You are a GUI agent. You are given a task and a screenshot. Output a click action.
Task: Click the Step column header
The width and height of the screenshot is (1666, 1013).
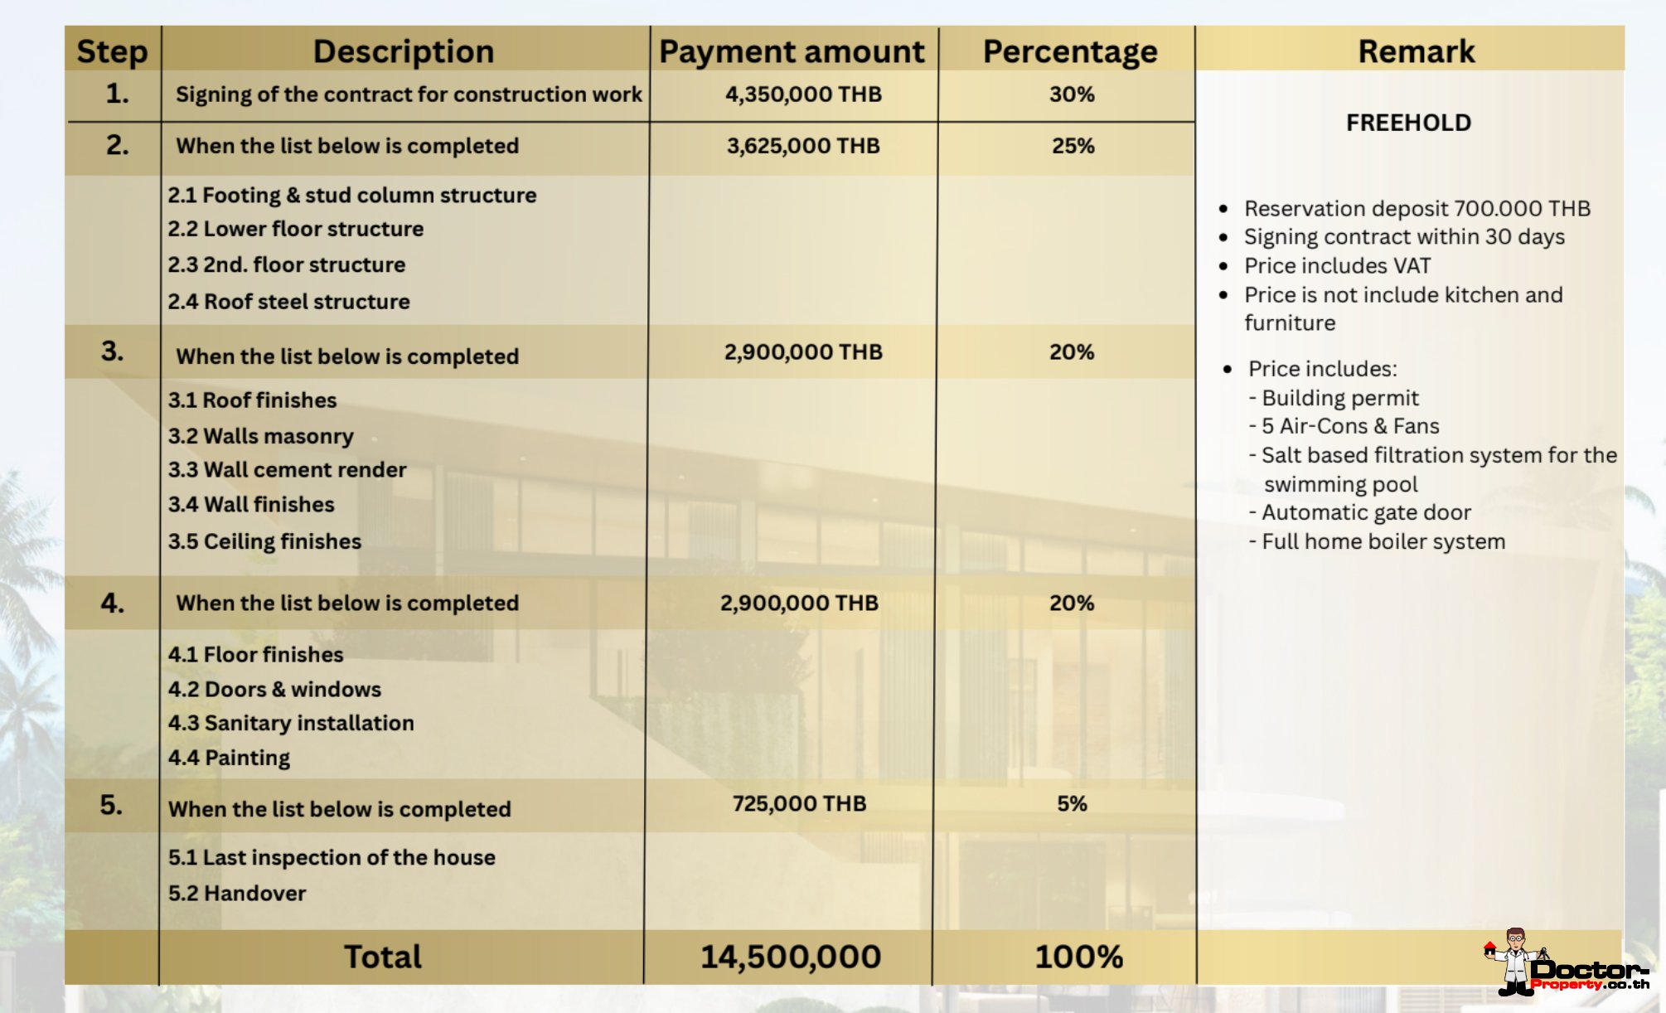pos(112,51)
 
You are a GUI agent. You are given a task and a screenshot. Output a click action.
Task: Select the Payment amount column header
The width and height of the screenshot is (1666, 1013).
pos(792,51)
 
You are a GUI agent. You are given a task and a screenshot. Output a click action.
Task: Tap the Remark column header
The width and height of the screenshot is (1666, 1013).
pos(1416,51)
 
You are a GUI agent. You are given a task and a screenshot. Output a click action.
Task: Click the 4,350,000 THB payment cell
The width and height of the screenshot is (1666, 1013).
pos(803,95)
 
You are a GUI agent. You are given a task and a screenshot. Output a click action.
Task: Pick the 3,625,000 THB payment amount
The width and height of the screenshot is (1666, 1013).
pos(803,146)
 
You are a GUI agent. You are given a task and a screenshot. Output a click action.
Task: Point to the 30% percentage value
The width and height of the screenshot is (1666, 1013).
pos(1072,95)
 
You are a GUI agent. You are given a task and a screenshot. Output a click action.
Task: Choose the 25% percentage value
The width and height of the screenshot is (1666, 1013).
pos(1073,146)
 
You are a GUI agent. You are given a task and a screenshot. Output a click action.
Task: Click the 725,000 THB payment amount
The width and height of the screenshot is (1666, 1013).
pos(799,803)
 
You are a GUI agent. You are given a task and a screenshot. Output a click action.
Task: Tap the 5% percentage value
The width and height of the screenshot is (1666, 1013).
pos(1072,803)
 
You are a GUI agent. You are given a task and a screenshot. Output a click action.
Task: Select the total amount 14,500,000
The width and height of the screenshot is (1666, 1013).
pos(791,957)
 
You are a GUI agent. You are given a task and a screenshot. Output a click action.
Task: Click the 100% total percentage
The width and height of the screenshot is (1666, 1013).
pos(1078,957)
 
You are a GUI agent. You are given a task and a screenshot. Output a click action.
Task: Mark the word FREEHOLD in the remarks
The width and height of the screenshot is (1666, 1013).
pos(1408,123)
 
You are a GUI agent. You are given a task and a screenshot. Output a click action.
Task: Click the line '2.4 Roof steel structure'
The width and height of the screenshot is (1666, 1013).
pos(288,302)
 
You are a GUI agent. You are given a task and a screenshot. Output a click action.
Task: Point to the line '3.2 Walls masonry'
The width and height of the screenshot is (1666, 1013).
pos(260,436)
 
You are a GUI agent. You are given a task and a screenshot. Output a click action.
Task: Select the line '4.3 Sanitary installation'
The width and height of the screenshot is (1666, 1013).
pos(291,723)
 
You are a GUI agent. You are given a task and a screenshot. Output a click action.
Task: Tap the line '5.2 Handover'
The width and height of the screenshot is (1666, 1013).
pos(237,893)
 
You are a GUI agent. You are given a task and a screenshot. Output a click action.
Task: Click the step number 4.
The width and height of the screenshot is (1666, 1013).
pos(113,603)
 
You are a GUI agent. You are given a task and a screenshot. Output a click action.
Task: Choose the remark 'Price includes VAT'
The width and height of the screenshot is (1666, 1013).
pos(1337,266)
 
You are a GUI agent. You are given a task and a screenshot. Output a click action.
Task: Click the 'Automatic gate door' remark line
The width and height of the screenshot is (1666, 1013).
pos(1365,512)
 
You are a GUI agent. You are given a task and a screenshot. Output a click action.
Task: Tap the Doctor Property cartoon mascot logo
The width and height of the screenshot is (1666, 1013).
pos(1515,962)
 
